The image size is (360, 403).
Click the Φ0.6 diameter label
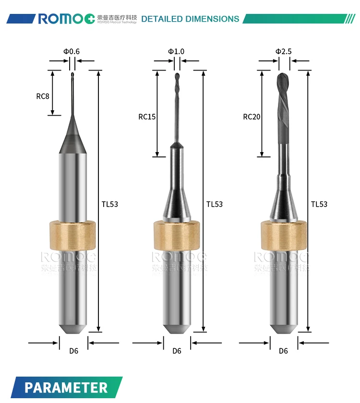click(72, 51)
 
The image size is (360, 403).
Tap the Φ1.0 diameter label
click(176, 51)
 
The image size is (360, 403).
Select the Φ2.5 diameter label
click(283, 51)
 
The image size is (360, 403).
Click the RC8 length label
click(43, 96)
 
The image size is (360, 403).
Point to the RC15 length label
click(147, 116)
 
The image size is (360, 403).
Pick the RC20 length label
click(252, 116)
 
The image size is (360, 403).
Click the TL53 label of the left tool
click(109, 204)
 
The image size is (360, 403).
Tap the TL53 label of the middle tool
click(215, 204)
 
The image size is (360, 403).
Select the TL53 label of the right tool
click(319, 204)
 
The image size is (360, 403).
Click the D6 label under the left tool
click(73, 351)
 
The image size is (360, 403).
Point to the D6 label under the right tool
click(283, 351)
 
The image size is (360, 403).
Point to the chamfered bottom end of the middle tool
click(177, 328)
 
